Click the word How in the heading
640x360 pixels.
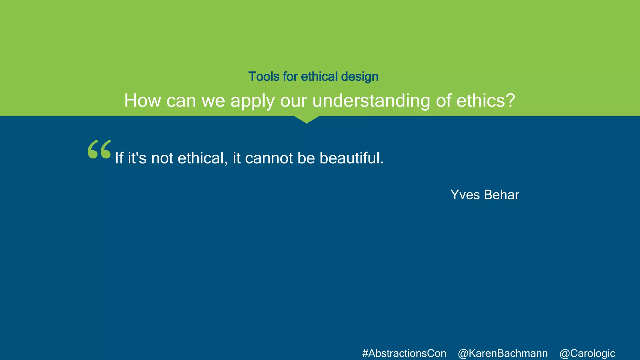coord(142,101)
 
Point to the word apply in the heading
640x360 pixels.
coord(252,101)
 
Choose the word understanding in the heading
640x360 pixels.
coord(371,101)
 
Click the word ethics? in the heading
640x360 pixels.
coord(485,101)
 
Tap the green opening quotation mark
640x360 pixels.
coord(99,149)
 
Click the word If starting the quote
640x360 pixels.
coord(119,158)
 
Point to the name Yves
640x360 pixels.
coord(465,195)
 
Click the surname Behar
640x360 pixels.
coord(502,195)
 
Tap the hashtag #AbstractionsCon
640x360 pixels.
coord(404,353)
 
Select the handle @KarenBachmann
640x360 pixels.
coord(503,353)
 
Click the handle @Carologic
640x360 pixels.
coord(587,353)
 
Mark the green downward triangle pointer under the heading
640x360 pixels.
coord(307,119)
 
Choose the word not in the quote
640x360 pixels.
coord(162,158)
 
